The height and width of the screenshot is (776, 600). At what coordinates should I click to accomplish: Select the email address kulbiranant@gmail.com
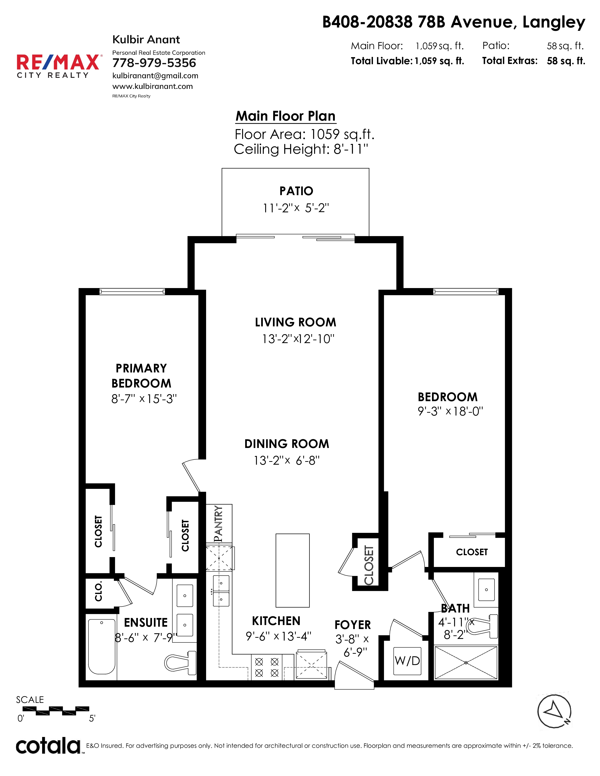(x=155, y=76)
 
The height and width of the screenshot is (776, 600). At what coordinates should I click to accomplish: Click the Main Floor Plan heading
(x=285, y=116)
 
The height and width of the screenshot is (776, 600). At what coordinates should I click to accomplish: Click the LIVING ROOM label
(x=295, y=322)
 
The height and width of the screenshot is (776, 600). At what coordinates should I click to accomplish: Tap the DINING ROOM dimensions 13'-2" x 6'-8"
(x=287, y=460)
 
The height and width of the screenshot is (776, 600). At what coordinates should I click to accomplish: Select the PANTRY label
(x=219, y=524)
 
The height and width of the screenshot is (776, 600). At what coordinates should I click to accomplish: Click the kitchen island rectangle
(x=292, y=570)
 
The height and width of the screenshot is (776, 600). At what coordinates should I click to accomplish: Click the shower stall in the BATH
(x=466, y=663)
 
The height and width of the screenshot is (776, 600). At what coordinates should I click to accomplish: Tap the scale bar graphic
(x=56, y=711)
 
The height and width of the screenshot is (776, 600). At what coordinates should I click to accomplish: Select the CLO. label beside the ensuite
(x=98, y=591)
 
